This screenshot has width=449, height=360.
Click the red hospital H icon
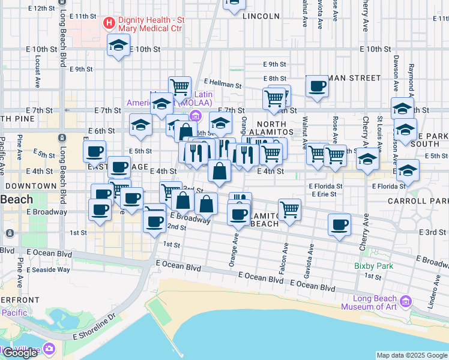(109, 23)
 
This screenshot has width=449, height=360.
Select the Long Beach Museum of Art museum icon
(405, 301)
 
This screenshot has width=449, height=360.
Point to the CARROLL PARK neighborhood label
(418, 200)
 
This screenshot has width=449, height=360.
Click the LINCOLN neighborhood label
(262, 17)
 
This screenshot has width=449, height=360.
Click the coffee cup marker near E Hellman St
(317, 86)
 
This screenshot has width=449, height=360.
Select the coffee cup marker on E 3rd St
(339, 225)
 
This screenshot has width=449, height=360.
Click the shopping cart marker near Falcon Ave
(289, 210)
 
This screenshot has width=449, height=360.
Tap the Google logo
(20, 353)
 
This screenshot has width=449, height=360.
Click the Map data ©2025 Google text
(412, 355)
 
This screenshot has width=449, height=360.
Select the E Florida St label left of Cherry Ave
(326, 186)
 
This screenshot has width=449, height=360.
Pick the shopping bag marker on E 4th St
(220, 171)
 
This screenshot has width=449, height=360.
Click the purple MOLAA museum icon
(194, 115)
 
